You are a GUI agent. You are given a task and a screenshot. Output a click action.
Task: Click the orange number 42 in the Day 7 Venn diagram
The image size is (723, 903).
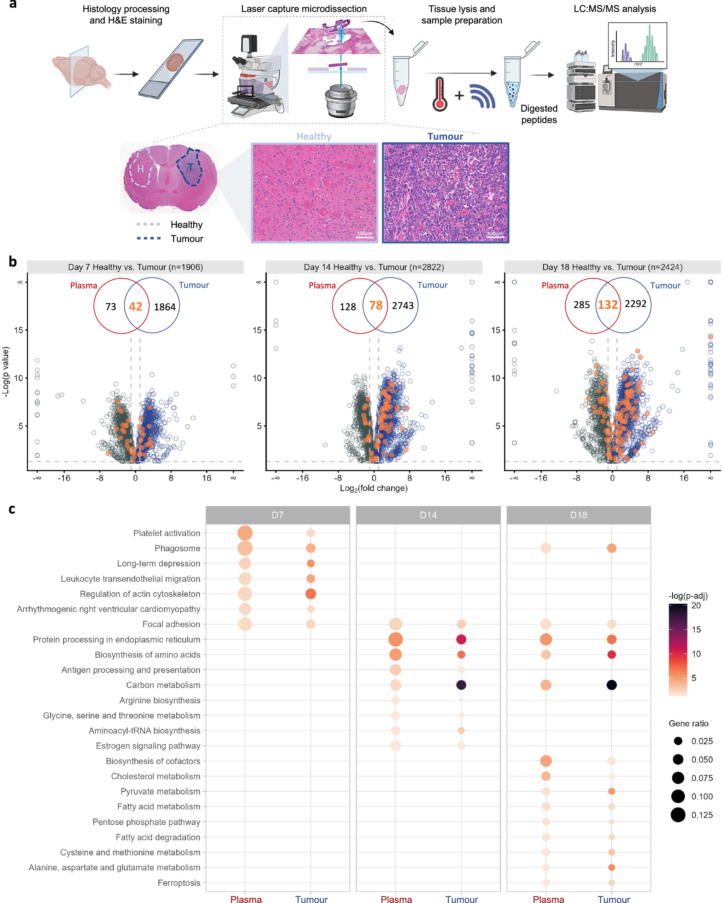pyautogui.click(x=135, y=307)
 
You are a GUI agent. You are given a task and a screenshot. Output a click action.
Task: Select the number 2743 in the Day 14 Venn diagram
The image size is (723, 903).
pyautogui.click(x=403, y=306)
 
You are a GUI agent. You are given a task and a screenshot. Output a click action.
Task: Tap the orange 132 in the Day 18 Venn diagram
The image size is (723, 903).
pyautogui.click(x=607, y=305)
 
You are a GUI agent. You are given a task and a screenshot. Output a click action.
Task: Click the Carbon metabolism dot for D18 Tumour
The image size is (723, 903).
pyautogui.click(x=611, y=685)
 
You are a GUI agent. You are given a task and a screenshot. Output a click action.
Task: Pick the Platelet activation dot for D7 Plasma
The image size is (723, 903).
pyautogui.click(x=245, y=533)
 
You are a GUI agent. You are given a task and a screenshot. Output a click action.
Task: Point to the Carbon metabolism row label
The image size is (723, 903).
pyautogui.click(x=163, y=685)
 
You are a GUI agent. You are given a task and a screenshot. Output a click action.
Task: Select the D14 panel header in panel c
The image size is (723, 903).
pyautogui.click(x=428, y=515)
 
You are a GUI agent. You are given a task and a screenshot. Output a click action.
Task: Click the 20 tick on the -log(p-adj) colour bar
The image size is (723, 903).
pyautogui.click(x=696, y=606)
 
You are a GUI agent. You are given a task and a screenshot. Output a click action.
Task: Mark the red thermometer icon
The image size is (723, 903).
pyautogui.click(x=439, y=94)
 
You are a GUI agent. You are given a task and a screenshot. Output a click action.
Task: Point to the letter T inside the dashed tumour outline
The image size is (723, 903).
pyautogui.click(x=190, y=168)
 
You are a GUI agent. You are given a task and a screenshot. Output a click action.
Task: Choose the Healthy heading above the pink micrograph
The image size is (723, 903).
pyautogui.click(x=314, y=136)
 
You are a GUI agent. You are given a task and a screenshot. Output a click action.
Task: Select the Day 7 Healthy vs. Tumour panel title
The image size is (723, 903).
pyautogui.click(x=135, y=267)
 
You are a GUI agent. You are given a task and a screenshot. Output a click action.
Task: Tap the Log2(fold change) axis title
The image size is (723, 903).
pyautogui.click(x=374, y=488)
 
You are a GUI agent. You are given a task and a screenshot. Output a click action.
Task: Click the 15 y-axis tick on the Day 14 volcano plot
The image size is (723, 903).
pyautogui.click(x=257, y=330)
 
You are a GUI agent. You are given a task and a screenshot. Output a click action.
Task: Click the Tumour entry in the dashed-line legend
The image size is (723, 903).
pyautogui.click(x=187, y=239)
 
